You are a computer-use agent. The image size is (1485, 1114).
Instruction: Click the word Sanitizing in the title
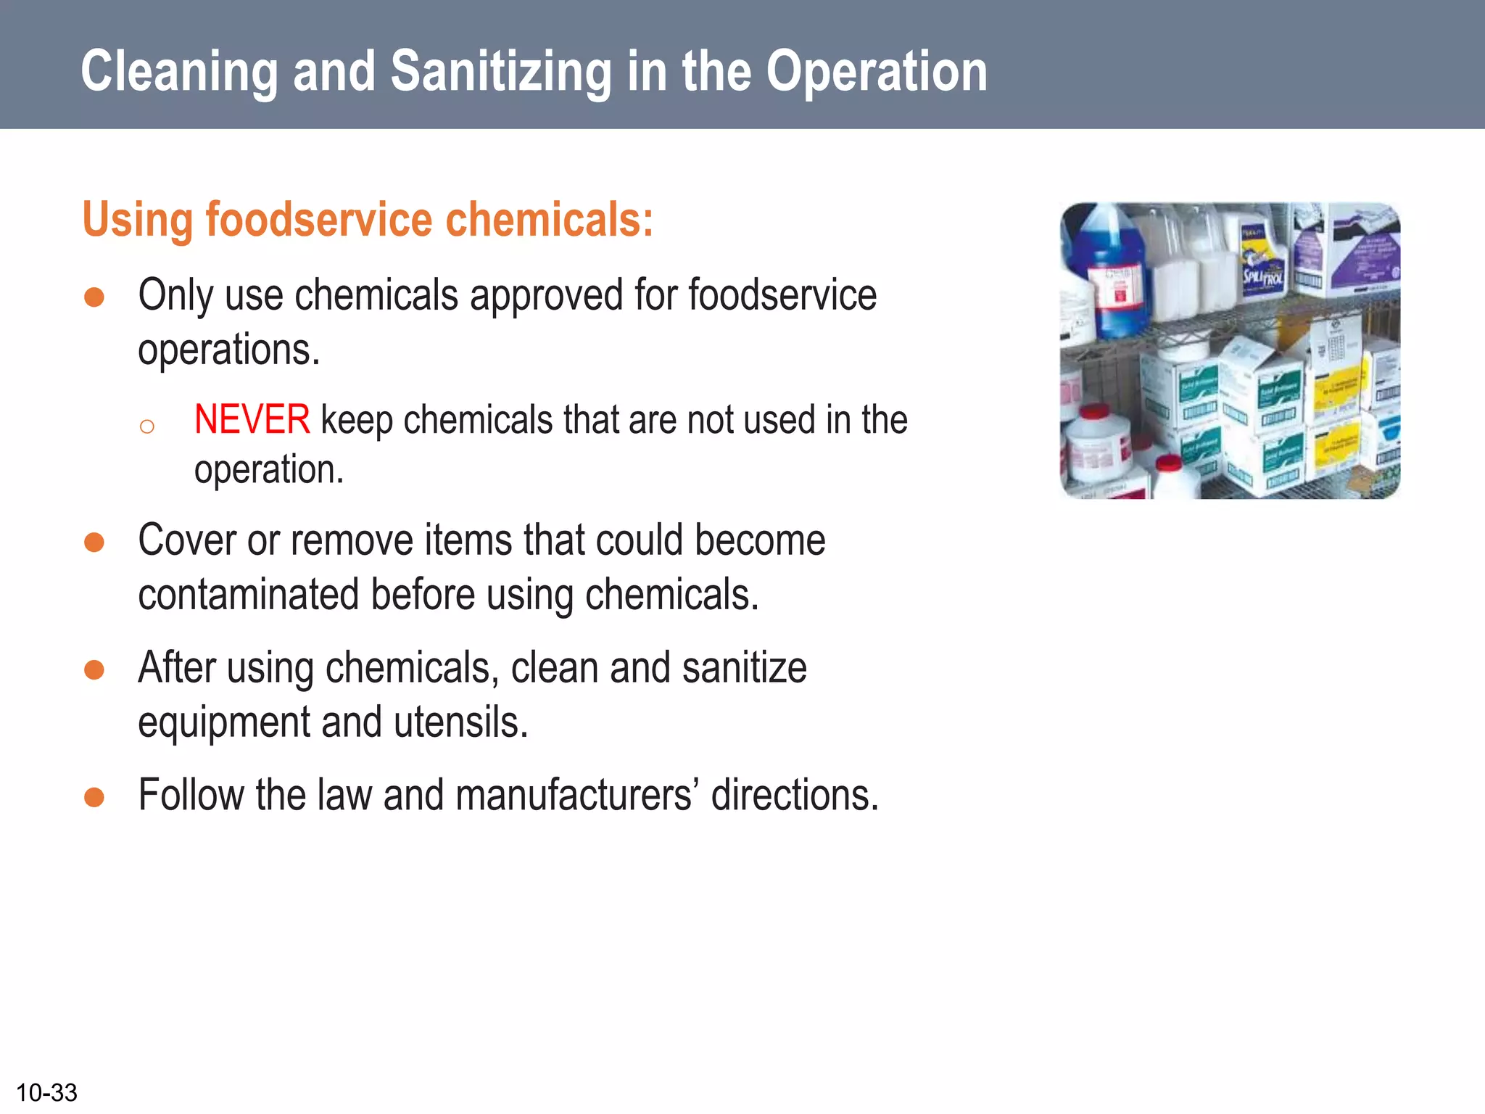click(501, 72)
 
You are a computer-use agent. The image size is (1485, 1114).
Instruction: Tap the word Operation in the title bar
click(877, 72)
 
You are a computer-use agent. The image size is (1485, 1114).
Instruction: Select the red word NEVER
click(252, 420)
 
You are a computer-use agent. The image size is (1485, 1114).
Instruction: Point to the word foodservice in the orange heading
click(319, 220)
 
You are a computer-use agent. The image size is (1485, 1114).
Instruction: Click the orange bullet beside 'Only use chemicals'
click(94, 297)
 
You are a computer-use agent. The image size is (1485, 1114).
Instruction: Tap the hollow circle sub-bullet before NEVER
click(147, 426)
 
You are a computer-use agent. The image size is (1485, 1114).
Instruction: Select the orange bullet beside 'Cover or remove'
click(94, 542)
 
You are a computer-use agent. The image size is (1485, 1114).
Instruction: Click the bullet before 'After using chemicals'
click(94, 669)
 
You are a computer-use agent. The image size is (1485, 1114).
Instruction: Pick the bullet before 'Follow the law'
click(94, 797)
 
